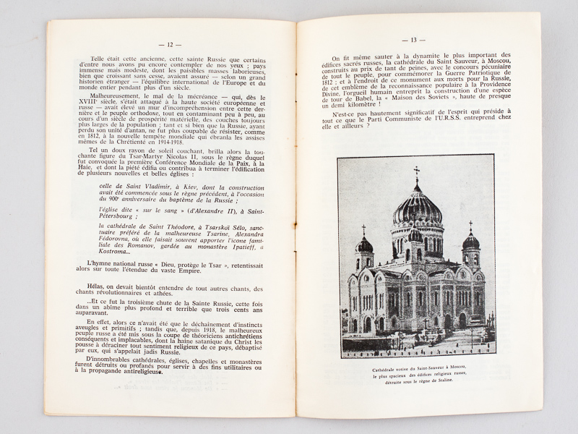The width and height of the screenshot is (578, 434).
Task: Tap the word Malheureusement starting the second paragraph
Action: [x=113, y=95]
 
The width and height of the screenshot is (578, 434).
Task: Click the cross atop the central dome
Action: [x=415, y=174]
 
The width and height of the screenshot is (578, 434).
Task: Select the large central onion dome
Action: [x=416, y=210]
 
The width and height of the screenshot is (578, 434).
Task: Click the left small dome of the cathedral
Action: [x=365, y=244]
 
